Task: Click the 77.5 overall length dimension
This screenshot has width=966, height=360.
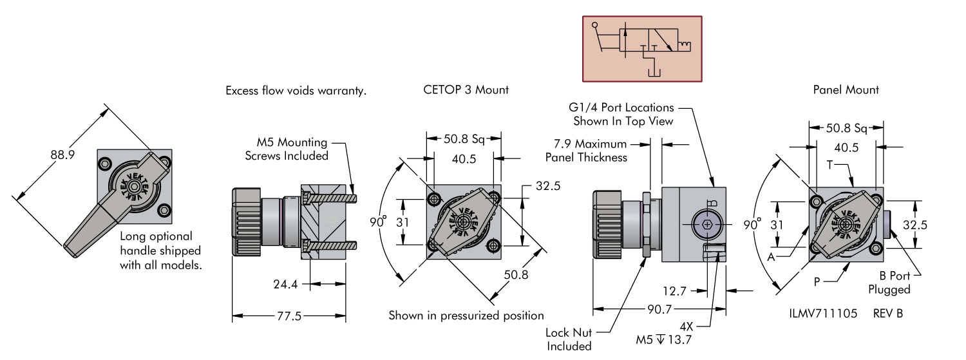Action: coord(289,316)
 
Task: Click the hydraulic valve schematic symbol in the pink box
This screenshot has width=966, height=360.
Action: coord(642,49)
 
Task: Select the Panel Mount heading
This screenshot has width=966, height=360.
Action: coord(846,90)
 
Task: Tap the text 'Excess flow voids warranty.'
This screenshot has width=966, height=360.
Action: coord(296,91)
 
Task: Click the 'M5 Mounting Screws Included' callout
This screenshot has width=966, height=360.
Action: coord(290,149)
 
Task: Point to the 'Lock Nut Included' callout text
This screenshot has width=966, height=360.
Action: coord(569,339)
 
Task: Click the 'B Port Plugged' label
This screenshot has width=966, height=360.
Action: coord(889,283)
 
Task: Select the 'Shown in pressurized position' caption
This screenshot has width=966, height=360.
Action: coord(466,316)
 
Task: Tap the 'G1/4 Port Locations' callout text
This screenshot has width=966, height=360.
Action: coord(623,114)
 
